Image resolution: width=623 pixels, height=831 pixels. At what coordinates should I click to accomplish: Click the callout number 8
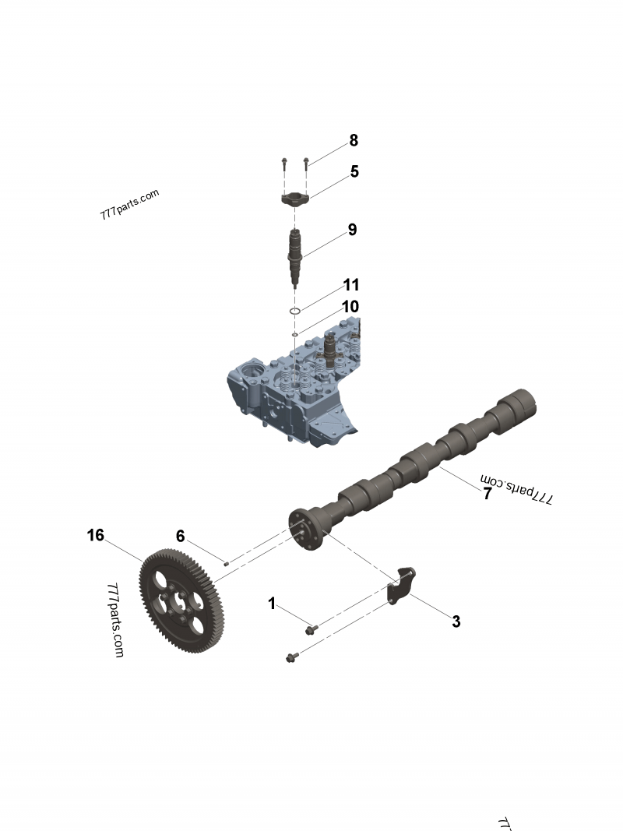tap(354, 141)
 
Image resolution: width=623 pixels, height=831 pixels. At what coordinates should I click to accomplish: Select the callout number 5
tap(354, 171)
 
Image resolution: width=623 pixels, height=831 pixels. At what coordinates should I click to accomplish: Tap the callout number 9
tap(352, 230)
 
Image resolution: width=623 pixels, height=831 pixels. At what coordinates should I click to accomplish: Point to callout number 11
tap(351, 285)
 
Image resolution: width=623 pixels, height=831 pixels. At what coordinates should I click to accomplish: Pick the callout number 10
tap(350, 307)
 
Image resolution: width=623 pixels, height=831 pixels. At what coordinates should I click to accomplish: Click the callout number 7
tap(487, 494)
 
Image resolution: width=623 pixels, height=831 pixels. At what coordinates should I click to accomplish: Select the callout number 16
tap(95, 535)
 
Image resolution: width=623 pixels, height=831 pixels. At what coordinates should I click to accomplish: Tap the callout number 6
tap(180, 536)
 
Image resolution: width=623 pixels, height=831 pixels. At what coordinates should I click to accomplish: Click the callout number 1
tap(272, 603)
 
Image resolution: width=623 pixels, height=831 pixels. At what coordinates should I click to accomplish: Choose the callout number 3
tap(456, 621)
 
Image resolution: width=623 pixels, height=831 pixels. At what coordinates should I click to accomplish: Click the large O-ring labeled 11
tap(295, 312)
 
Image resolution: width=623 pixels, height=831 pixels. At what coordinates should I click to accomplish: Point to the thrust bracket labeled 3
tap(401, 586)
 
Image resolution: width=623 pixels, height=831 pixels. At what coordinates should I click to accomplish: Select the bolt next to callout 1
tap(311, 629)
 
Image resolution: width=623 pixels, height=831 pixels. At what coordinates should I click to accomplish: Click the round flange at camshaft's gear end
tap(305, 529)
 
